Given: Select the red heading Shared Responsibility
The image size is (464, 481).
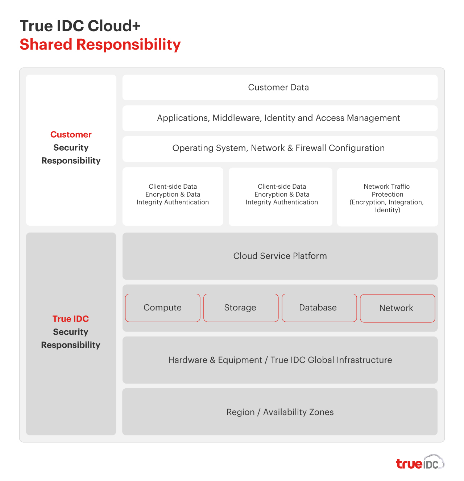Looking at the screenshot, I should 100,45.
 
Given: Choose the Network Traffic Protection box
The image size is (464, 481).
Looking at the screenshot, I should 387,197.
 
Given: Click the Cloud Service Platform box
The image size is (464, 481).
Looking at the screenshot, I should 280,256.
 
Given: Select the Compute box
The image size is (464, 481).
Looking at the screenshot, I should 163,308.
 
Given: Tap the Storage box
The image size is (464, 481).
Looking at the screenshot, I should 241,308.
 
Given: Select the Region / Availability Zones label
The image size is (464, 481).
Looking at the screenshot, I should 280,412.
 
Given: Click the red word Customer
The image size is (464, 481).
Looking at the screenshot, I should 71,135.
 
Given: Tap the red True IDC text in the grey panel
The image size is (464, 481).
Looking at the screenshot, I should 71,319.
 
